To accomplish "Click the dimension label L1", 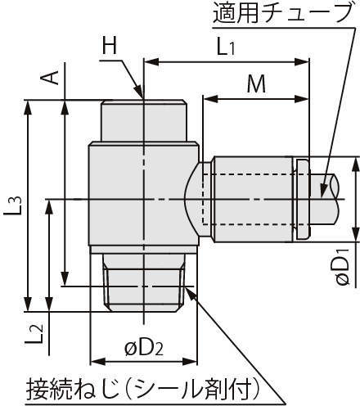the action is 226,47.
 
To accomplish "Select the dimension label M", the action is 256,83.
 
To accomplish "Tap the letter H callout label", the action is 110,45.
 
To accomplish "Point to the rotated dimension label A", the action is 50,77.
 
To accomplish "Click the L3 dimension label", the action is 12,206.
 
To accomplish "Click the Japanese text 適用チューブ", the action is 281,13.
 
